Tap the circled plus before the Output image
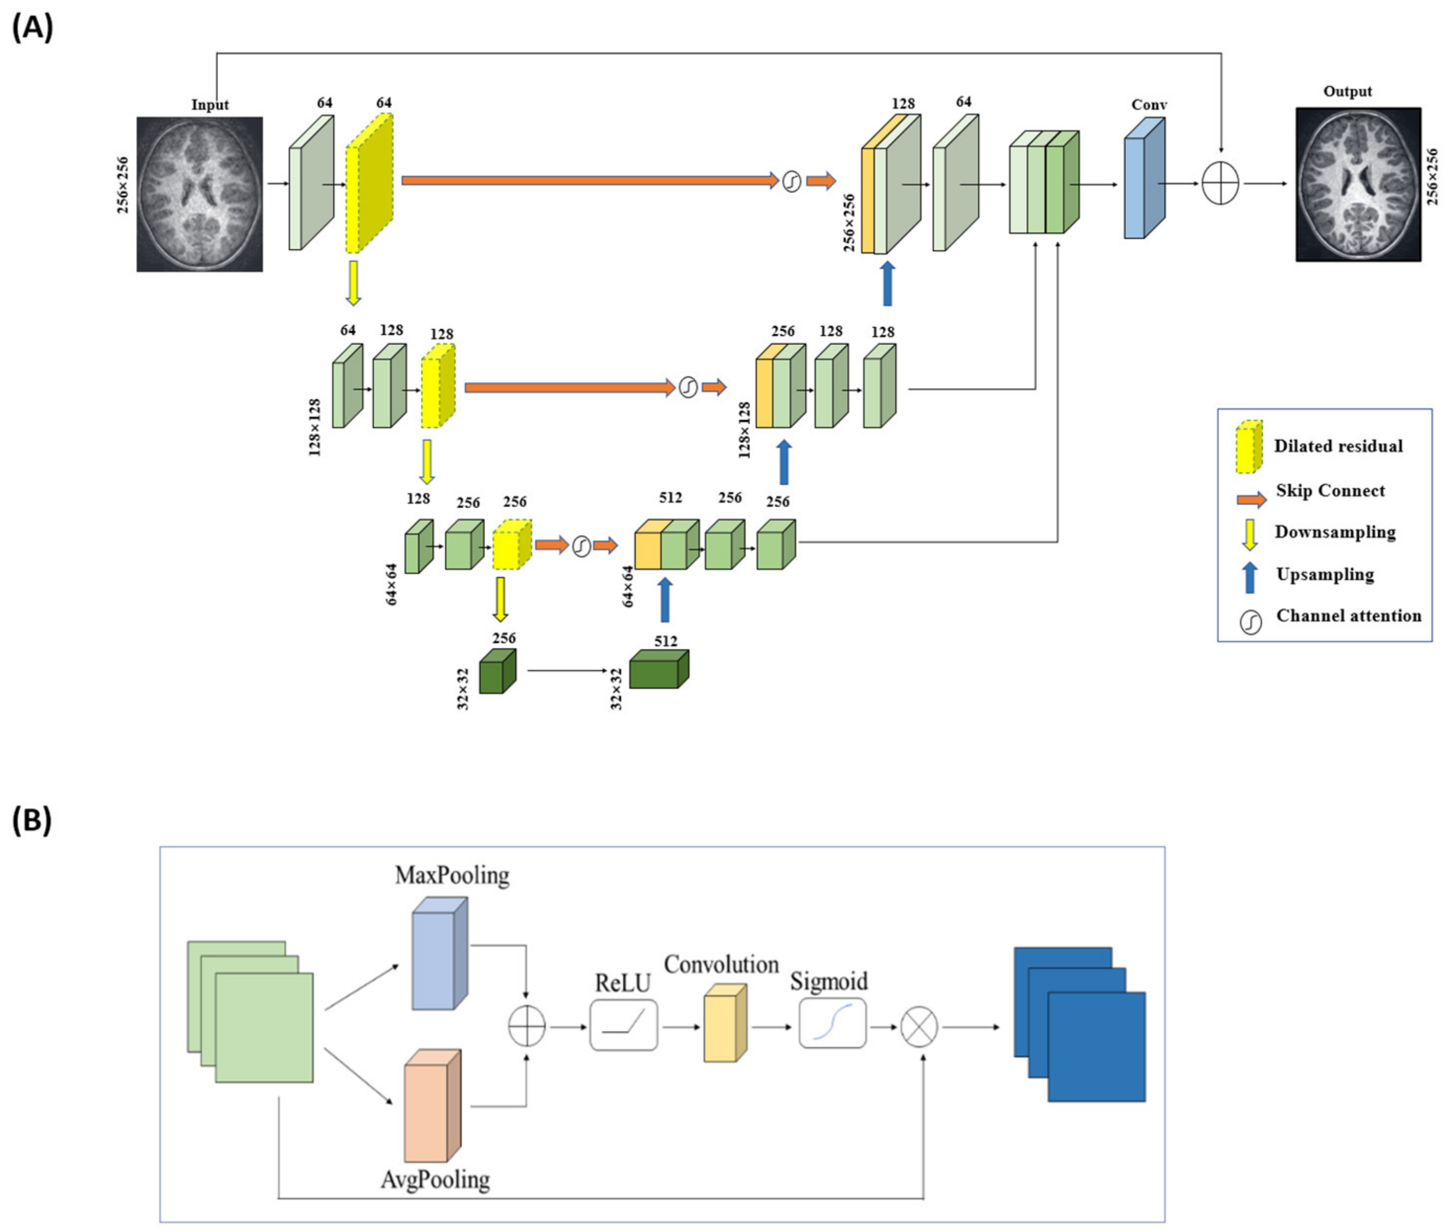1220,184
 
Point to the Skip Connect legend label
1329,490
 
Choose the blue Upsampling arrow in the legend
1250,577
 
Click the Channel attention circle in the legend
1250,621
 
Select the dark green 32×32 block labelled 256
497,672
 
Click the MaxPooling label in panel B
452,875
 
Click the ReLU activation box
623,1024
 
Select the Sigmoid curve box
832,1023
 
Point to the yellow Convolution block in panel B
725,1023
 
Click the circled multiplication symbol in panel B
918,1027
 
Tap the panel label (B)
32,820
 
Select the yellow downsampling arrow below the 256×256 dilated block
354,283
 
